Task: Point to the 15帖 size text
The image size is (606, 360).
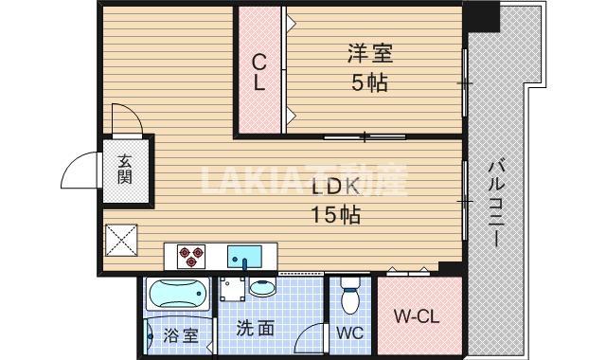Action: point(335,215)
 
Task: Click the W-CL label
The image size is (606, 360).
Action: point(416,315)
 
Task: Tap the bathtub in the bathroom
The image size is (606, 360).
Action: point(179,297)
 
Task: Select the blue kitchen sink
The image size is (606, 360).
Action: point(247,255)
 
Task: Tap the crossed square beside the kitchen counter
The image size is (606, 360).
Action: point(122,240)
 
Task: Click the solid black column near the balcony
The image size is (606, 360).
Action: point(483,14)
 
